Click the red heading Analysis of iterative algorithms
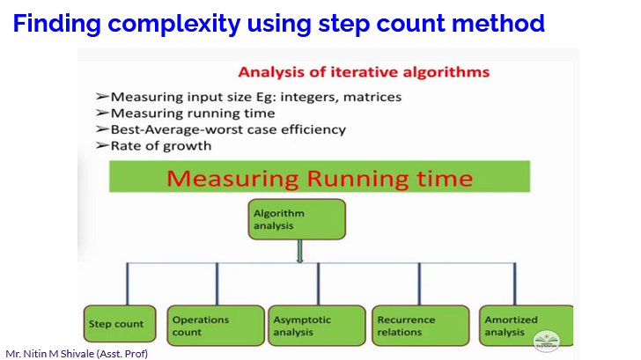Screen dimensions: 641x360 tap(363, 71)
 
